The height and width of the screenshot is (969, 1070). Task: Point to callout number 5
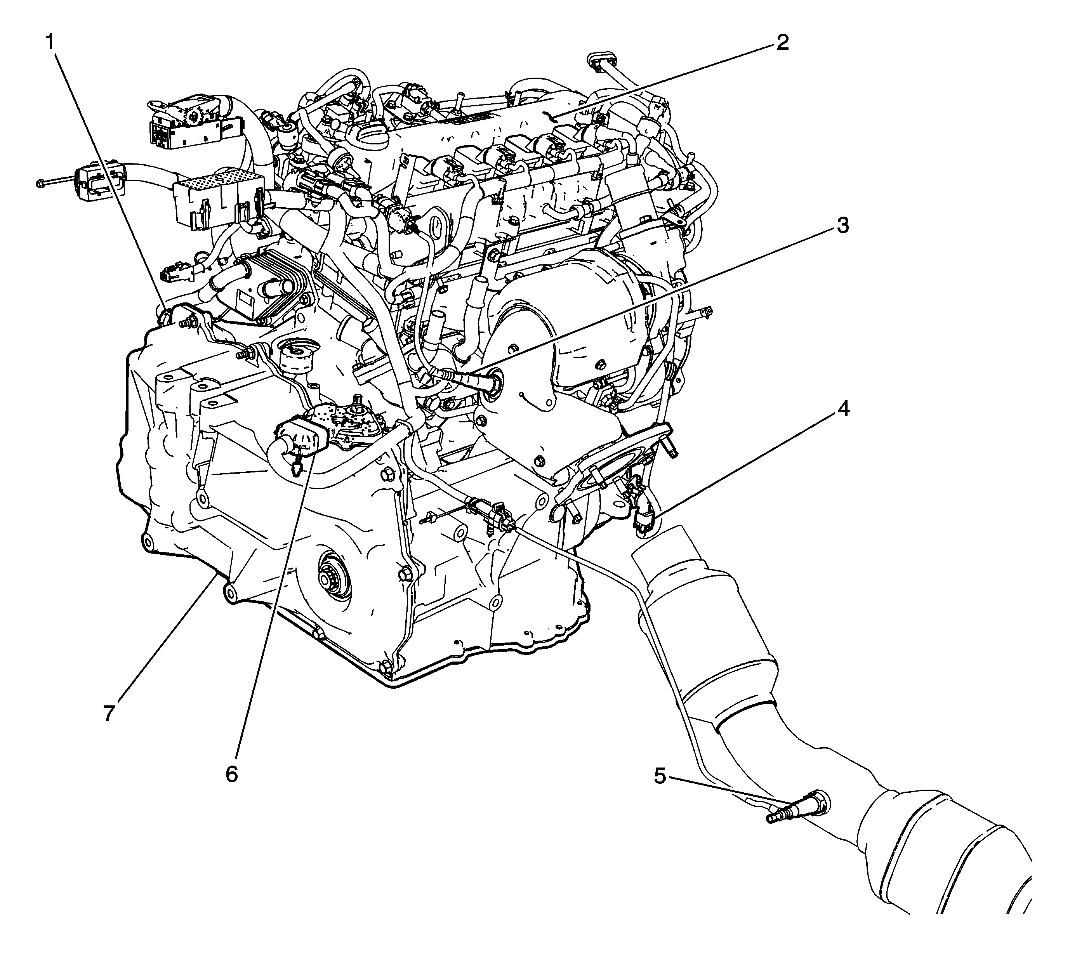pos(660,777)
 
